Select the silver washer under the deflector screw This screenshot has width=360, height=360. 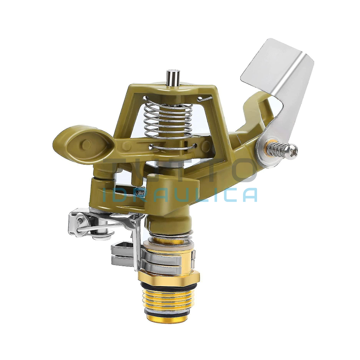point(264,150)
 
